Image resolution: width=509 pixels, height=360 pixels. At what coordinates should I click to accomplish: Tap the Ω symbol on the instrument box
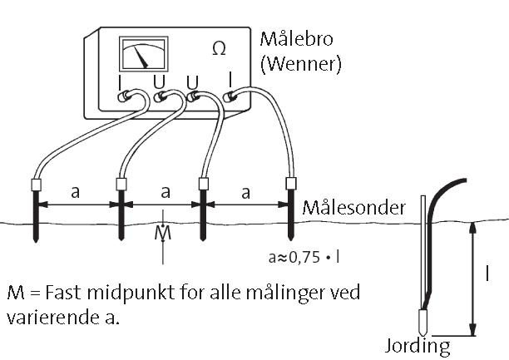[219, 49]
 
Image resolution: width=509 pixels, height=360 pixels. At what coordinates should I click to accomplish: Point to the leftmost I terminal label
[122, 81]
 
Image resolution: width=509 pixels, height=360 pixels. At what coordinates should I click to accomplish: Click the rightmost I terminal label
[230, 80]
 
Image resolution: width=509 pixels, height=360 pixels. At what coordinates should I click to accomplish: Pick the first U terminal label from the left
[160, 81]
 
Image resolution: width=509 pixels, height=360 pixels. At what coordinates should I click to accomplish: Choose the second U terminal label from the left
[193, 81]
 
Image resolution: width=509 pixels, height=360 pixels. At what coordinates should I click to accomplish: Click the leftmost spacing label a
[76, 191]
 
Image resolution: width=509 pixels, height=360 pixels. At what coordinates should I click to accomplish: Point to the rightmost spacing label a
[245, 191]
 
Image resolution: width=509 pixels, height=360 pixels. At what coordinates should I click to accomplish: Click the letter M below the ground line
[164, 233]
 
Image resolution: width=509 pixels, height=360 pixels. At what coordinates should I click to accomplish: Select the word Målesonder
[354, 207]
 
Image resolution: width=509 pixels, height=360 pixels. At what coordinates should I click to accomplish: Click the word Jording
[418, 345]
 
